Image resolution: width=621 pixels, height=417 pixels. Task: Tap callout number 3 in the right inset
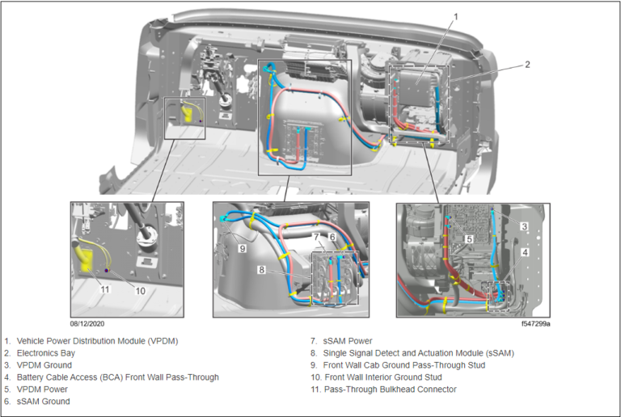click(524, 227)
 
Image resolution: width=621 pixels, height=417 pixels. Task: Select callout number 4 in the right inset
click(524, 252)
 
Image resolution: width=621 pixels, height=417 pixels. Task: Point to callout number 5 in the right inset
click(469, 239)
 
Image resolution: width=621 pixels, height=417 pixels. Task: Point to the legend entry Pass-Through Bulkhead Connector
click(390, 390)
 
